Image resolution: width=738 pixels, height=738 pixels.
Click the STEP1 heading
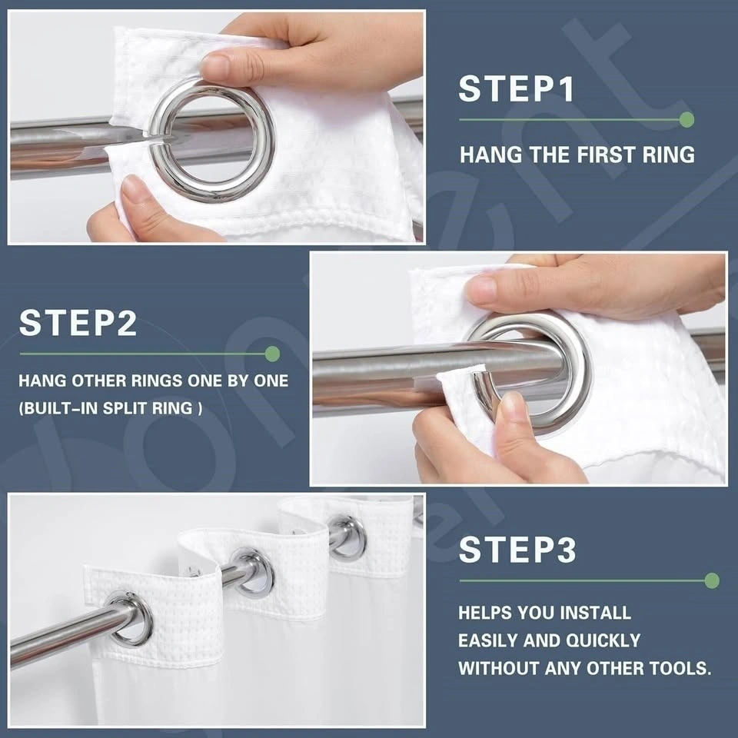tap(517, 88)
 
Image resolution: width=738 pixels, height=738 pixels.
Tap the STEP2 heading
tap(78, 322)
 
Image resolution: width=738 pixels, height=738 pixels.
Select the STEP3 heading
tap(517, 549)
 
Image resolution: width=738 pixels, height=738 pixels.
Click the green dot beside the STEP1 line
tap(686, 120)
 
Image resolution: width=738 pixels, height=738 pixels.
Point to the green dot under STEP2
tap(272, 354)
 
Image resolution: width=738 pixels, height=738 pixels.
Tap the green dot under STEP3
tap(712, 580)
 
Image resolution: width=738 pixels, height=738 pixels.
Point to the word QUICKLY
tap(603, 640)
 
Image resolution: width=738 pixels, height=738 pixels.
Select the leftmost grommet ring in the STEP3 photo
tap(128, 618)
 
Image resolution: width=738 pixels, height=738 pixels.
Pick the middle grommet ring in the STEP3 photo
tap(252, 572)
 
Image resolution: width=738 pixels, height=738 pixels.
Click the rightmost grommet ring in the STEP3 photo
tap(347, 537)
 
